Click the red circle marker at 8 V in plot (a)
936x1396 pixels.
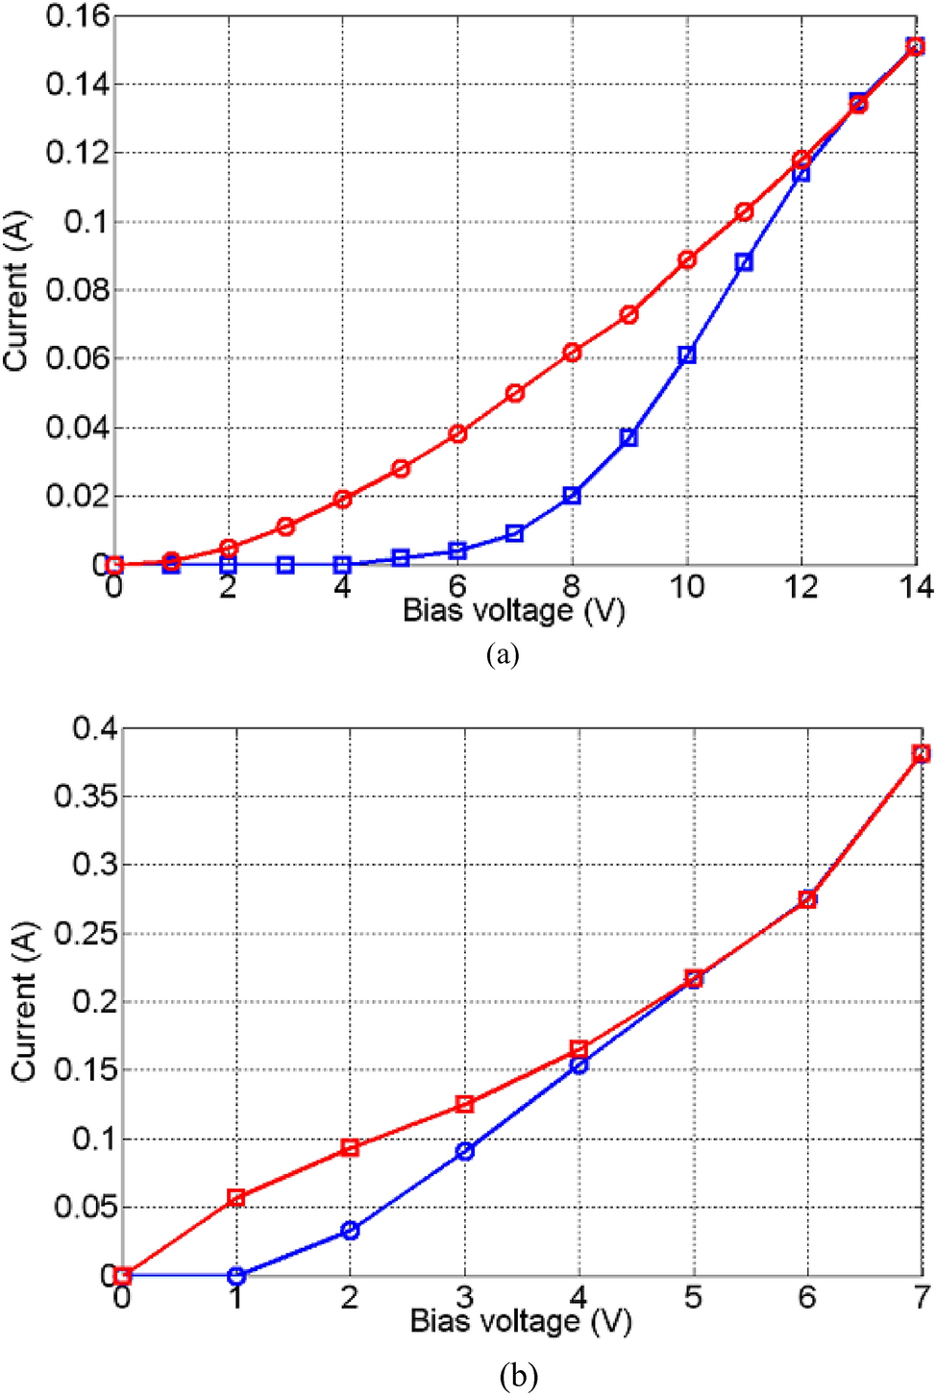click(572, 353)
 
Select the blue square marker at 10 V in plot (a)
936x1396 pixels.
click(686, 355)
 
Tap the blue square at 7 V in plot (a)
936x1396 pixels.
click(514, 533)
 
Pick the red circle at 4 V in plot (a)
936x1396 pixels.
click(342, 500)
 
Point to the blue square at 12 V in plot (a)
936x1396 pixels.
click(801, 174)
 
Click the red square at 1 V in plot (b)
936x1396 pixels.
click(235, 1197)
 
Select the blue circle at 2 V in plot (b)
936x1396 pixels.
click(350, 1230)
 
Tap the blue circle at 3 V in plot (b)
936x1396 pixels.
click(464, 1151)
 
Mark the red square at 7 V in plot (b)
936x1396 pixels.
click(921, 753)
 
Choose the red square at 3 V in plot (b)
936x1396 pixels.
click(464, 1104)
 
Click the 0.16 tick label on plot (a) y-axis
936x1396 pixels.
click(78, 15)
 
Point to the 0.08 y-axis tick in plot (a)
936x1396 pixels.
click(78, 290)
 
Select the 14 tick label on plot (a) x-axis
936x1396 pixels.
click(916, 587)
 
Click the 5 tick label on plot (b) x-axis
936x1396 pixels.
click(693, 1298)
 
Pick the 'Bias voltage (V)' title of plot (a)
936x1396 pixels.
click(513, 610)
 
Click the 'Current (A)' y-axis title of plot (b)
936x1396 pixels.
click(23, 1002)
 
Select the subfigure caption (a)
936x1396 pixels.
click(503, 655)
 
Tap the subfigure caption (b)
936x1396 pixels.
click(518, 1376)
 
